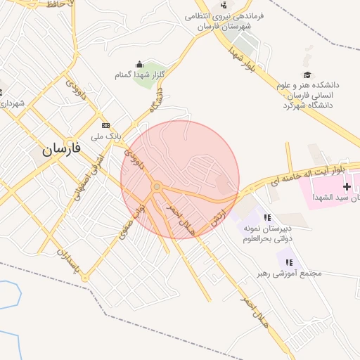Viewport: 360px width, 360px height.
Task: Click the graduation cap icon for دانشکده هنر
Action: coord(307,75)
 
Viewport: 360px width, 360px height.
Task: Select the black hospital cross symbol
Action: coord(347,186)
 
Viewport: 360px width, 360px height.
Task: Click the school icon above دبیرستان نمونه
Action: coord(267,217)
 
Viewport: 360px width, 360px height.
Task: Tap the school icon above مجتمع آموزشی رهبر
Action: coord(290,262)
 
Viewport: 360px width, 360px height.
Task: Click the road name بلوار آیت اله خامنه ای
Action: coord(310,176)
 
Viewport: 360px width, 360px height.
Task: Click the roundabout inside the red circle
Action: coord(157,186)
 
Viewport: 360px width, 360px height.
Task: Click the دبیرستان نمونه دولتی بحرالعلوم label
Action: coord(267,233)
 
